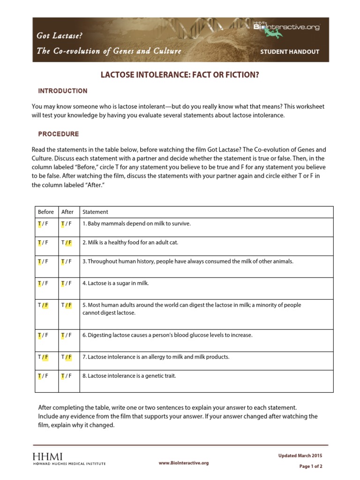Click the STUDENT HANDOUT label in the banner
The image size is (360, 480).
tap(290, 52)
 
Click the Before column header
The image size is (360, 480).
tap(46, 212)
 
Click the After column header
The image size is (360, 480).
tap(67, 212)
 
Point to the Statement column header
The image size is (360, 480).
tap(95, 212)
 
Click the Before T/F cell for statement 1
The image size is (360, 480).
tap(43, 224)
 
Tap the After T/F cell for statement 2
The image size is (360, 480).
tap(66, 242)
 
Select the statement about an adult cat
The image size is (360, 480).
tap(130, 242)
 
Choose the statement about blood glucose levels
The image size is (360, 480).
tap(167, 335)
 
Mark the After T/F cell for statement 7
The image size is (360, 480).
tap(66, 357)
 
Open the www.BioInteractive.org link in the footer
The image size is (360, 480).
tap(183, 463)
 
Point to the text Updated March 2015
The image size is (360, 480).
tap(300, 456)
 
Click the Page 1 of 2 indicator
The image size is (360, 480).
tap(311, 466)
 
